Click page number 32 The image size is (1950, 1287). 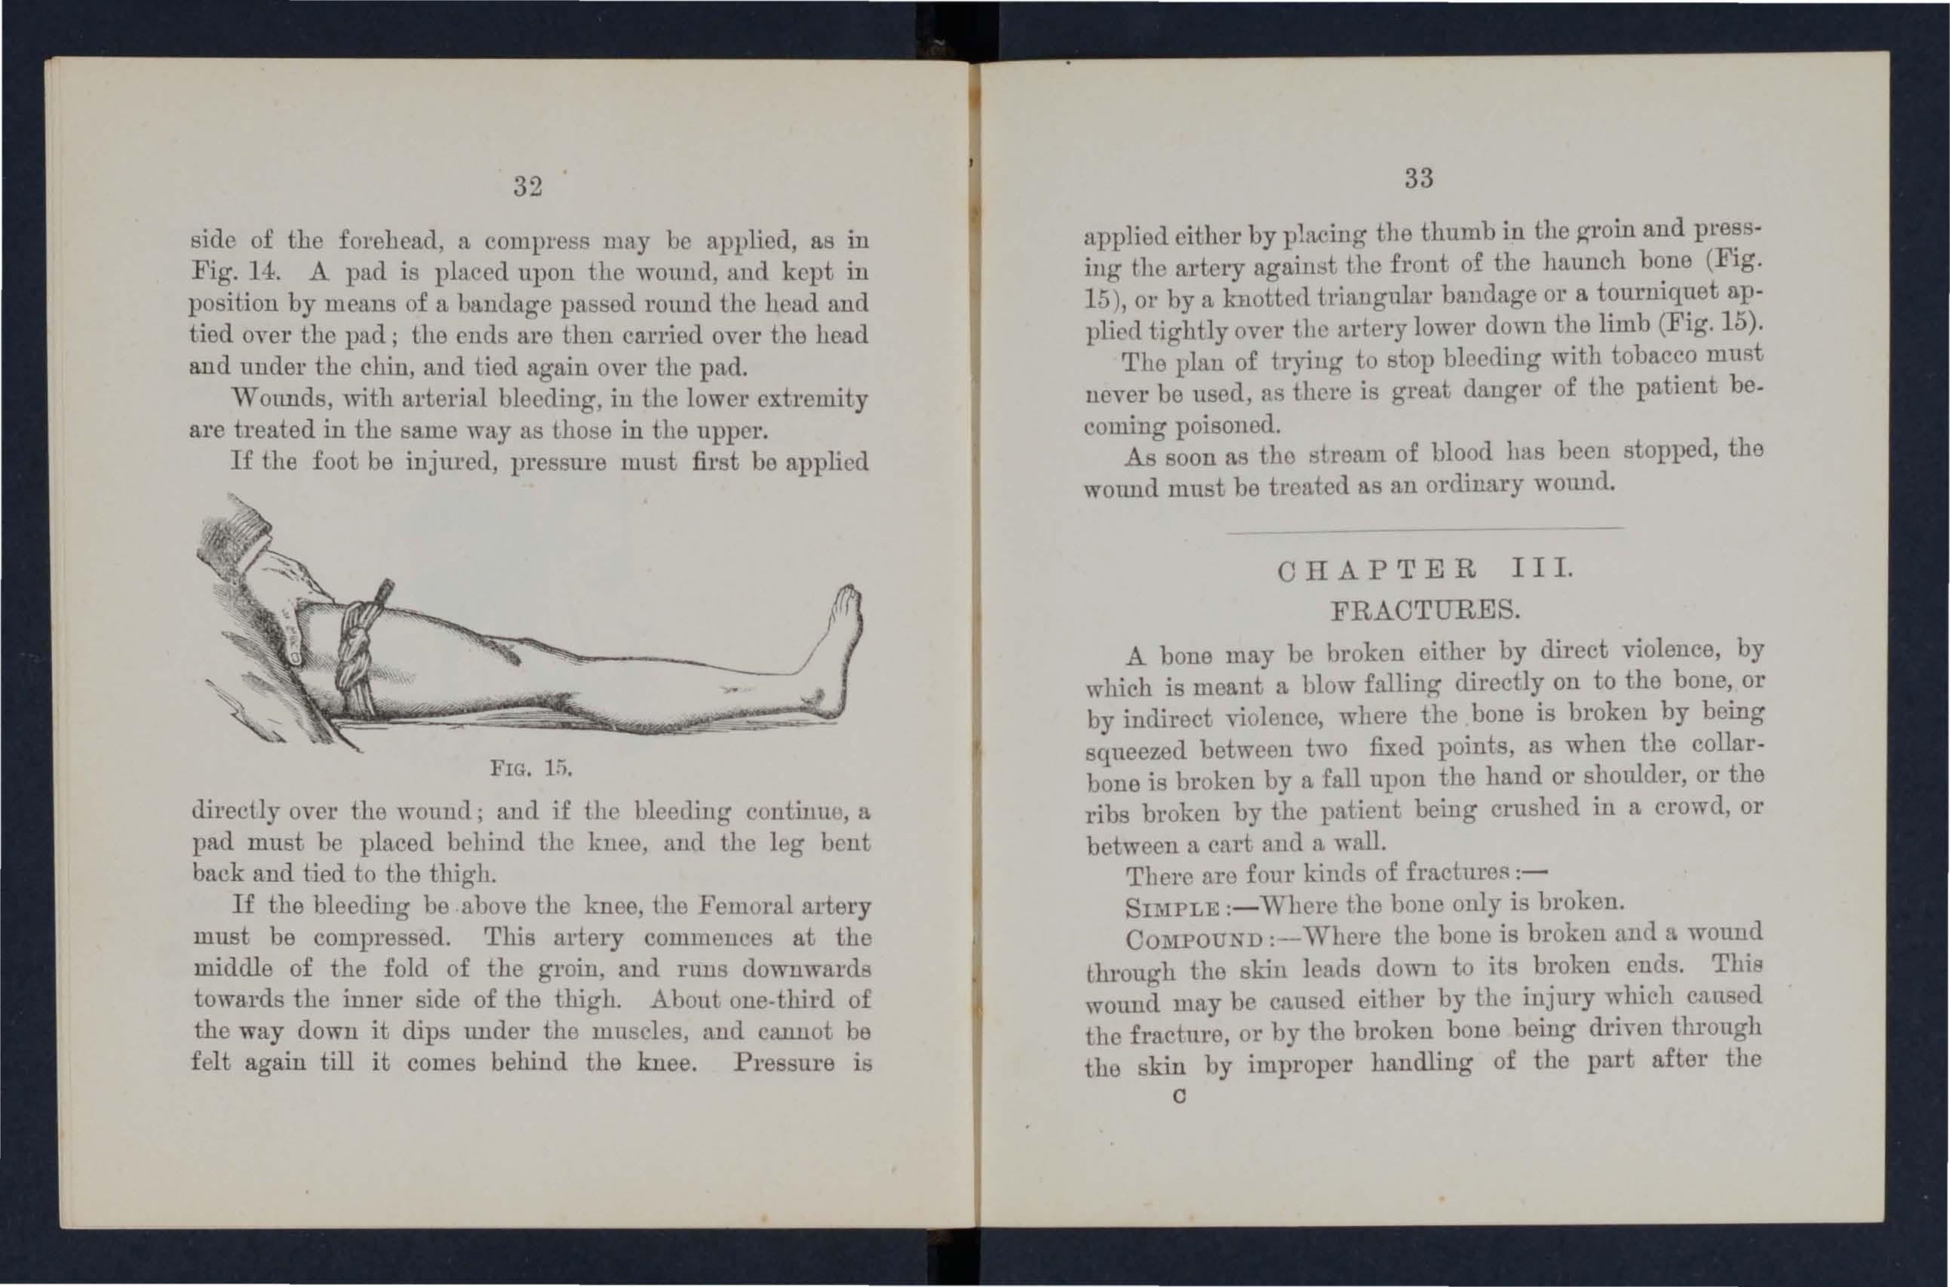click(x=528, y=187)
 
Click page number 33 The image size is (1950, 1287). click(x=1418, y=178)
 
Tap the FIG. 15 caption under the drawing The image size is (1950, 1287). click(x=530, y=768)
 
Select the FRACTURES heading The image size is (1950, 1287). click(x=1425, y=610)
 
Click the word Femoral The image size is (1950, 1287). click(x=746, y=906)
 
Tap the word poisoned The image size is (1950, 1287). click(x=1228, y=426)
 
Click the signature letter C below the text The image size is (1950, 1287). click(x=1179, y=1097)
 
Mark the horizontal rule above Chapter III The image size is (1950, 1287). click(x=1424, y=530)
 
